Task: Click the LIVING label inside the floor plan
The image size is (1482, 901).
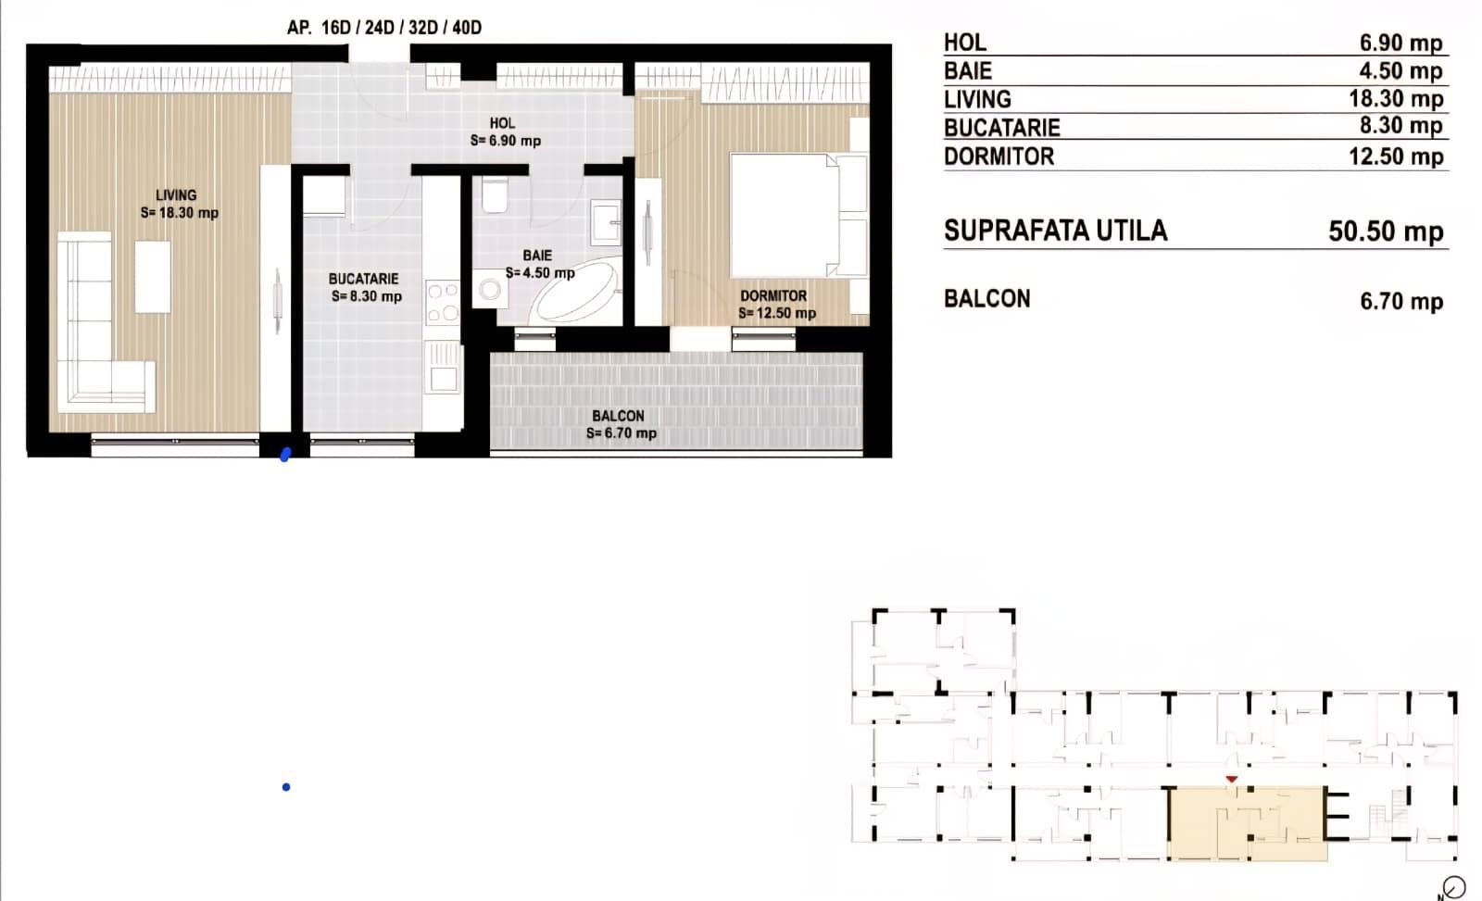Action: [x=176, y=195]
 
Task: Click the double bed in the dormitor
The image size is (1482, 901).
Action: [x=797, y=215]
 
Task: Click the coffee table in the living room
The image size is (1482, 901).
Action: [x=153, y=276]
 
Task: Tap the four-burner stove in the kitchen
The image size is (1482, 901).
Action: [x=443, y=302]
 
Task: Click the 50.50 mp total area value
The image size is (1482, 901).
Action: [x=1386, y=232]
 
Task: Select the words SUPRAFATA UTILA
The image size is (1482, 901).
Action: [x=1055, y=231]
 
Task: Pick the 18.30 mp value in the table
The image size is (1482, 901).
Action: [x=1396, y=98]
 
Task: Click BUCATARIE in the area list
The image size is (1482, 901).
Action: [x=1001, y=128]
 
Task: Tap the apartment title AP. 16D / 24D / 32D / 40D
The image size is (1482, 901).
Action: [x=384, y=27]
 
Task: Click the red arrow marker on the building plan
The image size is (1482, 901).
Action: [x=1231, y=780]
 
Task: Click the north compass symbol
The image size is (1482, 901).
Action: [x=1453, y=887]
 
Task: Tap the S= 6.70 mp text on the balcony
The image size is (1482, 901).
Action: [x=621, y=432]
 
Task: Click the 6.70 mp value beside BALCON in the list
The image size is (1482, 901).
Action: [x=1401, y=301]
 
